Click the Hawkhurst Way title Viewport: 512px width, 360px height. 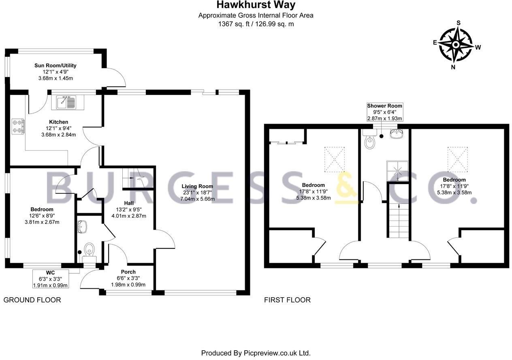[256, 5]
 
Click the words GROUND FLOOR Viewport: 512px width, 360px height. [32, 300]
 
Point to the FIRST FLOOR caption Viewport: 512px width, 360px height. [287, 300]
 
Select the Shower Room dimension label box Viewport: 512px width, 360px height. [384, 112]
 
